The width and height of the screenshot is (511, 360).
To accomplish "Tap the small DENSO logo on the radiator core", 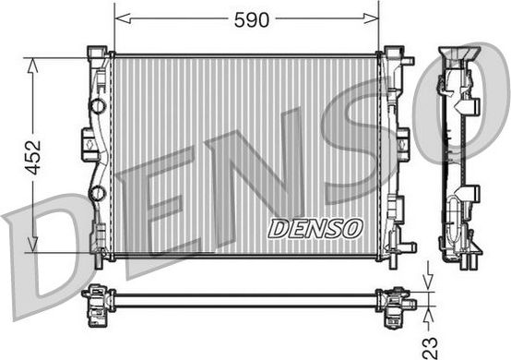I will [x=315, y=227].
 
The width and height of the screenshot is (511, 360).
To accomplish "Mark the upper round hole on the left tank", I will [x=98, y=106].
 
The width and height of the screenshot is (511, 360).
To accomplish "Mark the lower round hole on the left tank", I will [x=98, y=193].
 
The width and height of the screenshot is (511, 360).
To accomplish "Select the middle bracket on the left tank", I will [x=89, y=144].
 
